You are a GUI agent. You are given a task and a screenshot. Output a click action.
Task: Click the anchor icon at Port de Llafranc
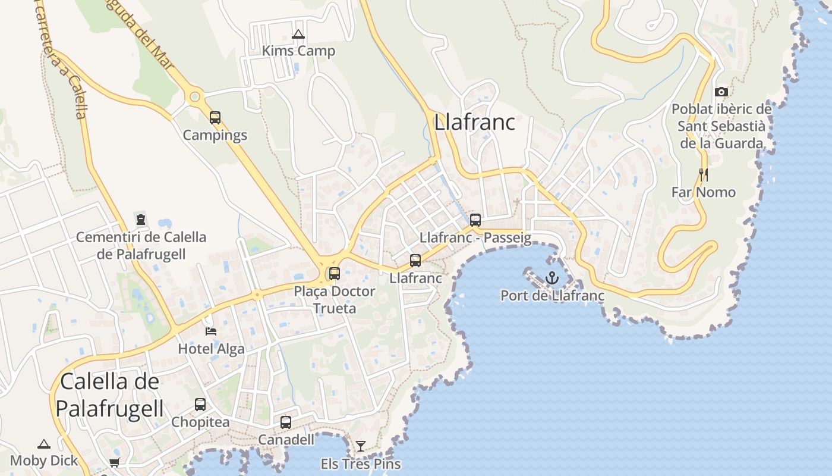[553, 277]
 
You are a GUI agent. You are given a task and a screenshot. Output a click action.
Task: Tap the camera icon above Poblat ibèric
[721, 92]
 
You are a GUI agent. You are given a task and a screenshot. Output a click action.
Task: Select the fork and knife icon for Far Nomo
[704, 174]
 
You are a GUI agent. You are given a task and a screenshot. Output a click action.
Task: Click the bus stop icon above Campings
[215, 117]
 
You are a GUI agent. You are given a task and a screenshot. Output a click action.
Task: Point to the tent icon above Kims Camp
[298, 34]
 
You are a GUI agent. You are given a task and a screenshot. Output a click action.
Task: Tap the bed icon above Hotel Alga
[211, 331]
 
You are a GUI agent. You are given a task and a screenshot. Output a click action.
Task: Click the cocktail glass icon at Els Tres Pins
[361, 446]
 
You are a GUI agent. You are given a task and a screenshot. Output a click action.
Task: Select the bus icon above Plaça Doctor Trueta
[335, 274]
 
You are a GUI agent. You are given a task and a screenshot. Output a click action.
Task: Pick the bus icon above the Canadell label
[286, 422]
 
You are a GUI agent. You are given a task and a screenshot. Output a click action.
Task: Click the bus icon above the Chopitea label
[200, 405]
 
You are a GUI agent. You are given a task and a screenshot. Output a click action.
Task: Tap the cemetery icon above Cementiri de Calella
[141, 219]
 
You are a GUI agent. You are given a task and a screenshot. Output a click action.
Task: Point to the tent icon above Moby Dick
[44, 444]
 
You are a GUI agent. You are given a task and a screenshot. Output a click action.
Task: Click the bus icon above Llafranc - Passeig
[475, 220]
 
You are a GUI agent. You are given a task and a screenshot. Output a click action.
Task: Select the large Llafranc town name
[474, 123]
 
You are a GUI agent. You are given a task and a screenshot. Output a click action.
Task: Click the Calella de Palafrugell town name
[111, 395]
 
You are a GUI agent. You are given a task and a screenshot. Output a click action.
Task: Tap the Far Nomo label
[704, 192]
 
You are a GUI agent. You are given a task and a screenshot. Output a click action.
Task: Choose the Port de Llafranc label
[552, 296]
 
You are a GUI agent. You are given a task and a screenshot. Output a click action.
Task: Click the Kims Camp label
[298, 51]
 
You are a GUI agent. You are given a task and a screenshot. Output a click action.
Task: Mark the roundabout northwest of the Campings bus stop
[194, 96]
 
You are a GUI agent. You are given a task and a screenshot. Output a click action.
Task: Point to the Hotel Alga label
[211, 349]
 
